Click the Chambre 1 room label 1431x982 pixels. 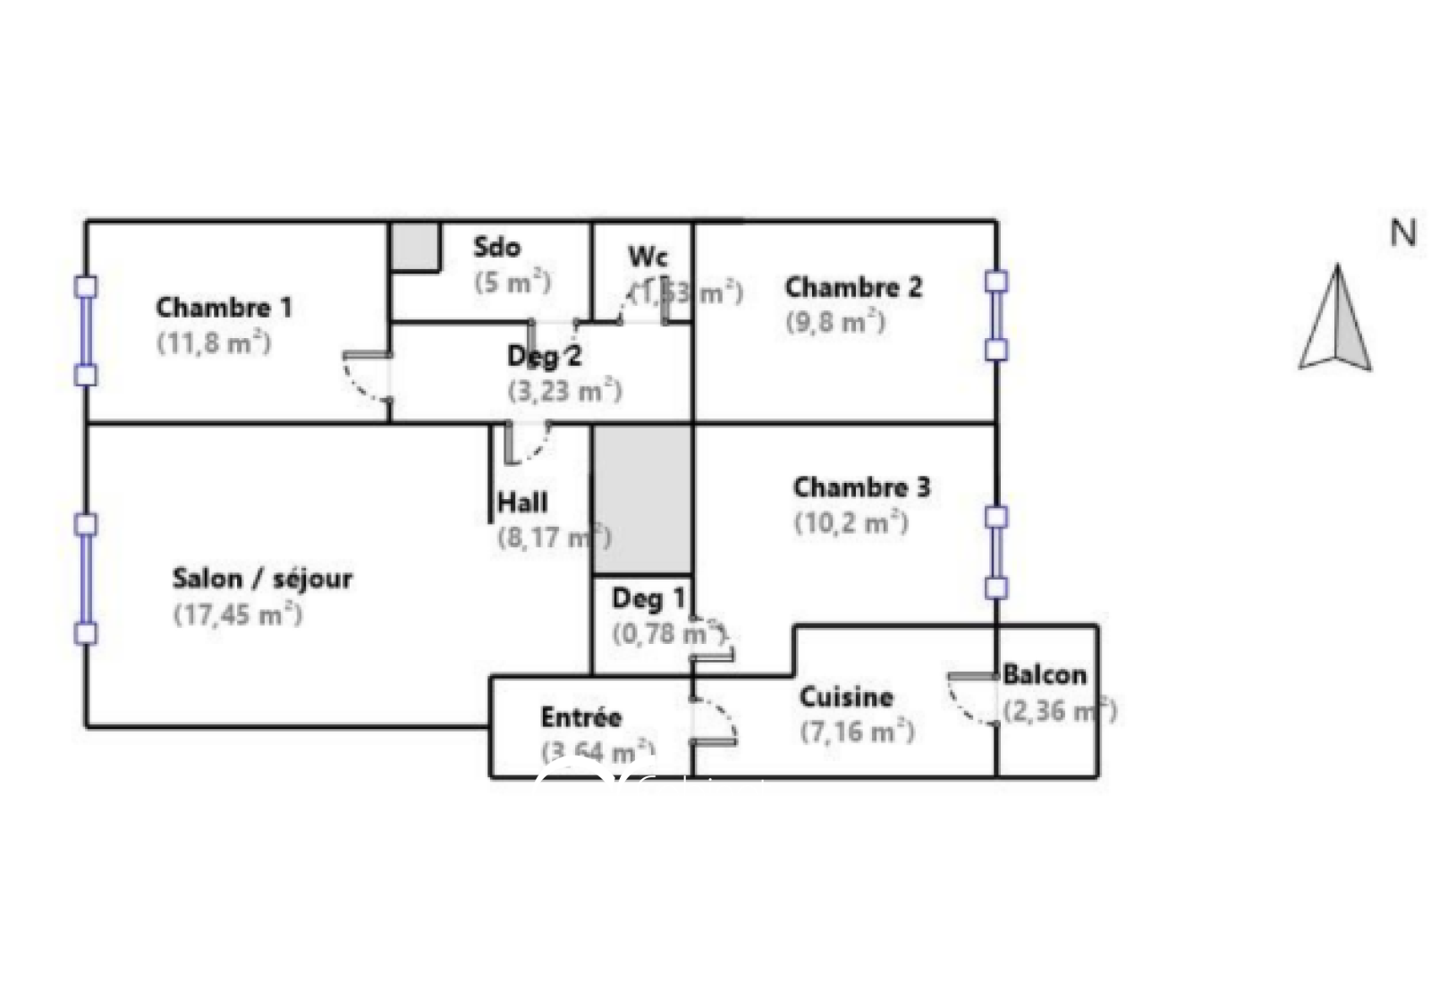pos(224,308)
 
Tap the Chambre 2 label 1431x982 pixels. pos(852,287)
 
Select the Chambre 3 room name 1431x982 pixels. pos(861,487)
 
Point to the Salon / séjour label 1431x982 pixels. pos(262,579)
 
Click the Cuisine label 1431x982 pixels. pos(846,697)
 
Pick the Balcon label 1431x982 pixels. pos(1045,674)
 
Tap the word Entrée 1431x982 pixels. pos(580,717)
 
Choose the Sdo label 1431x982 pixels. pos(496,247)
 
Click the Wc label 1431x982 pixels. pos(648,257)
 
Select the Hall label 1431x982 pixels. pos(522,503)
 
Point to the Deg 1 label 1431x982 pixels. pos(648,598)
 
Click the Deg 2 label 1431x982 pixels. pos(544,356)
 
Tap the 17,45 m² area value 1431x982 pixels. pos(238,615)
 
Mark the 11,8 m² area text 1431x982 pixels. pos(214,343)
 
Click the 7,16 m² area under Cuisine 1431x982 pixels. pos(857,732)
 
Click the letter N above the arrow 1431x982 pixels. pos(1402,233)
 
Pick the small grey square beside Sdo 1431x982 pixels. pos(416,246)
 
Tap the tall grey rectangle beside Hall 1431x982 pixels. pos(642,499)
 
